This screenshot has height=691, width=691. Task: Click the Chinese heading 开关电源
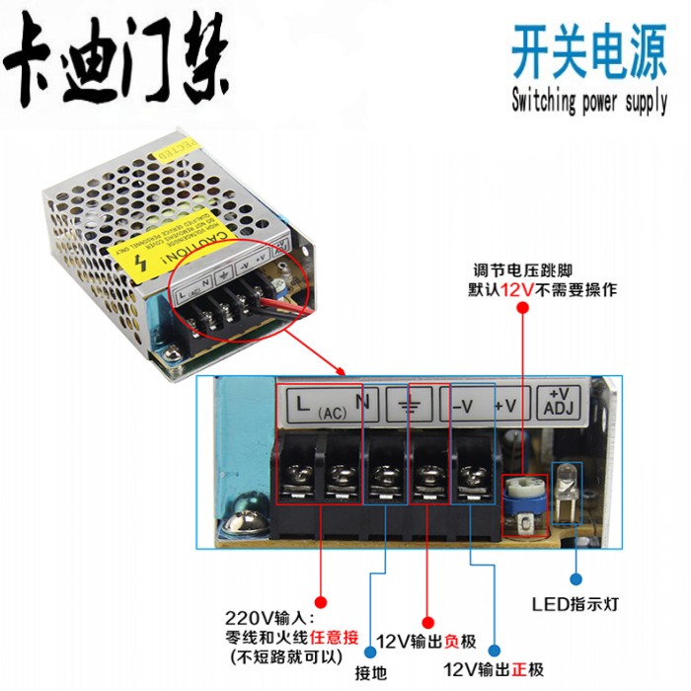click(x=588, y=53)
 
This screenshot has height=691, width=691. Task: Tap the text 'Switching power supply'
click(x=589, y=102)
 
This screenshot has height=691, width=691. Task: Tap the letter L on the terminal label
click(x=302, y=402)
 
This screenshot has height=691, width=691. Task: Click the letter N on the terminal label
click(x=361, y=402)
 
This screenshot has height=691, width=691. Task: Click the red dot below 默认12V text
click(x=521, y=309)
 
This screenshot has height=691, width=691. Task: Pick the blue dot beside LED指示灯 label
click(x=575, y=579)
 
